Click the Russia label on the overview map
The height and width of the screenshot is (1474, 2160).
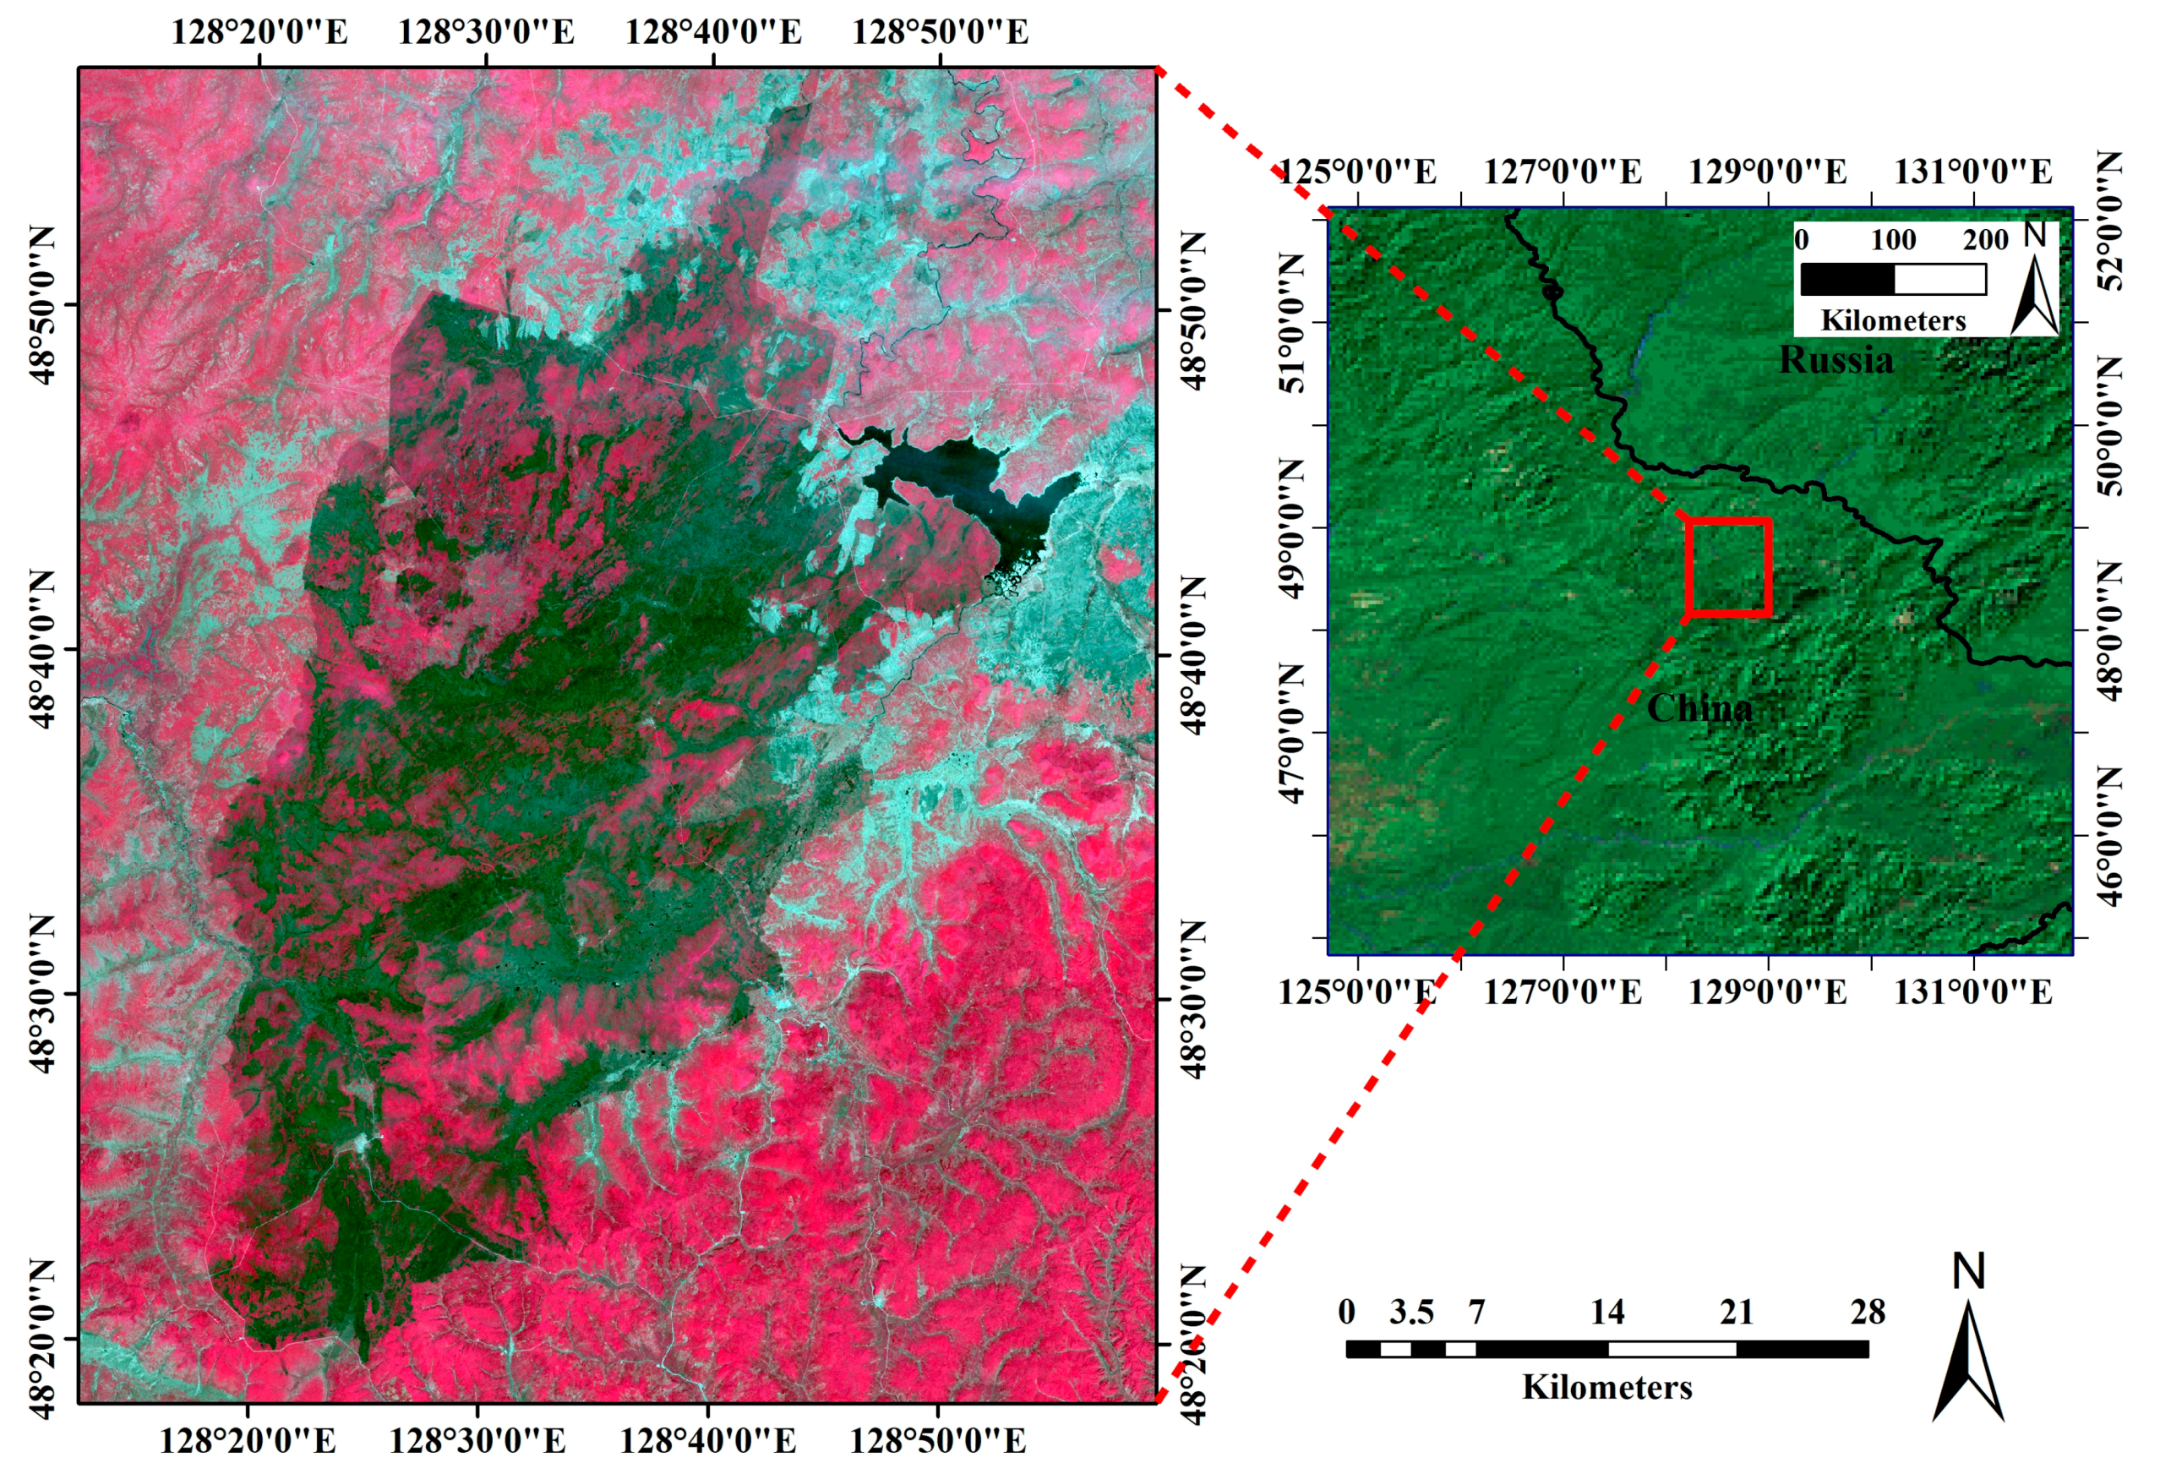click(1835, 361)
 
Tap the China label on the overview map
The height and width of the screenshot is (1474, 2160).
click(1699, 709)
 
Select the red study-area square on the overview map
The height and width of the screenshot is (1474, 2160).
click(1728, 567)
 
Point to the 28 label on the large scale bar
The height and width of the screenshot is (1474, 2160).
click(1868, 1313)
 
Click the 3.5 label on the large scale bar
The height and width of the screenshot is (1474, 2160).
click(1411, 1313)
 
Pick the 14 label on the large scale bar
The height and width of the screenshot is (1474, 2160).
click(1607, 1313)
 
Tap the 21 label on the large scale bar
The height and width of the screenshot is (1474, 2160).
click(1736, 1313)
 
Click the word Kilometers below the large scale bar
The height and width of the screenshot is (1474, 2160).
click(1607, 1388)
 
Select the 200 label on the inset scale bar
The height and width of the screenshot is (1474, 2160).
click(1985, 240)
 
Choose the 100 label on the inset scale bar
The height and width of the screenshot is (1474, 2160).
click(1893, 240)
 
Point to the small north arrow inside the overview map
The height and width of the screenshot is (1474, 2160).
click(2036, 283)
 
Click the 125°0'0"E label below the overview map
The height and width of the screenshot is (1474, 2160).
click(1358, 992)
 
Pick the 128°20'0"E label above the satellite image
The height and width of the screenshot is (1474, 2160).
click(259, 32)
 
